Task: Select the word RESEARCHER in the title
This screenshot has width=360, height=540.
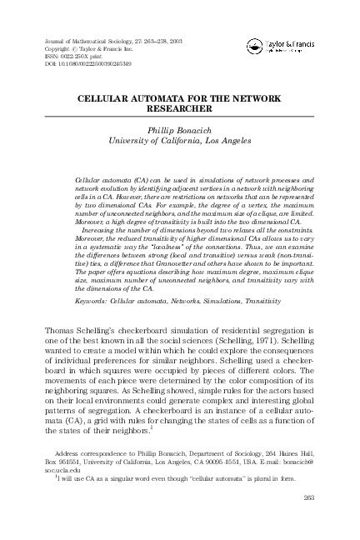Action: pyautogui.click(x=180, y=108)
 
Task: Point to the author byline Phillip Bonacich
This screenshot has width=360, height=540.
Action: pyautogui.click(x=180, y=129)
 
